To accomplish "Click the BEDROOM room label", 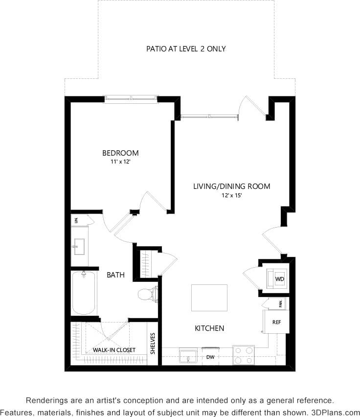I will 120,153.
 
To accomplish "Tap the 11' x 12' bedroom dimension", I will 120,162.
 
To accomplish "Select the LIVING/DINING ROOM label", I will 231,186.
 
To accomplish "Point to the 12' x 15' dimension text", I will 231,195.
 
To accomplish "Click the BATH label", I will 115,275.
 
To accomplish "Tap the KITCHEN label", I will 209,328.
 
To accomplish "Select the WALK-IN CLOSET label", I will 114,350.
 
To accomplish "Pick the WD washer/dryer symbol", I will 279,279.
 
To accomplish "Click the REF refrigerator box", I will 276,323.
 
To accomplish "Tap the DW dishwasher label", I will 211,357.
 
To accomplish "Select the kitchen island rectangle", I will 209,298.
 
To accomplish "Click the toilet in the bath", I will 147,294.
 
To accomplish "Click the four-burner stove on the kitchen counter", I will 243,355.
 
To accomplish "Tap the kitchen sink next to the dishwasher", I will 188,356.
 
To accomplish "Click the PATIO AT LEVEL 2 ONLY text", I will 186,49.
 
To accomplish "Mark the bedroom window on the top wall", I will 131,99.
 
